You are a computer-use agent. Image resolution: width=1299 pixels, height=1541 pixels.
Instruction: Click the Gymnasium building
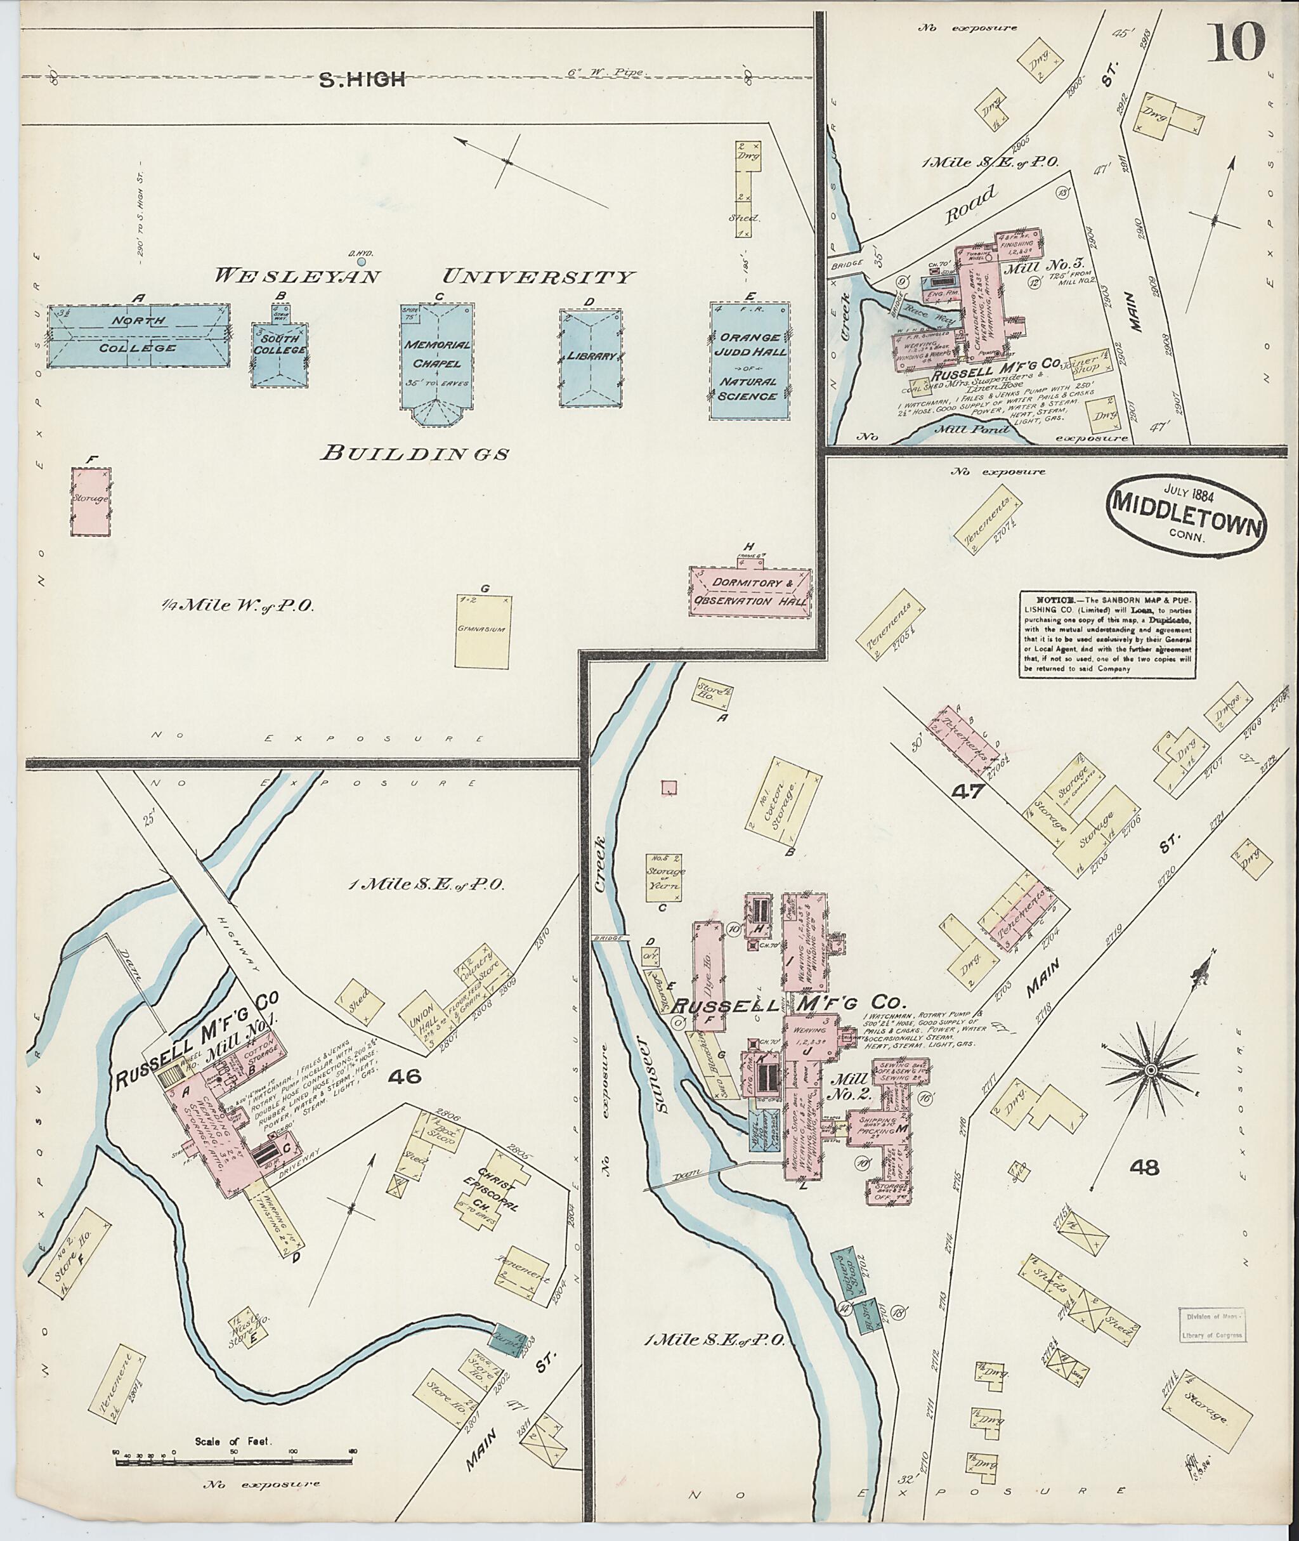[483, 631]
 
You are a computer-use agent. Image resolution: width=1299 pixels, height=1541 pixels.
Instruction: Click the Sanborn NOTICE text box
[1108, 634]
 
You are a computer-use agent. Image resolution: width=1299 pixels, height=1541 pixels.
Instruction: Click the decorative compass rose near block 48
[1149, 1068]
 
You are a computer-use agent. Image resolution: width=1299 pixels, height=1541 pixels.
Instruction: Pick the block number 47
[969, 792]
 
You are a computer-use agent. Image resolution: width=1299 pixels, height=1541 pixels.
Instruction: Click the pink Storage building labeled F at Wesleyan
[91, 501]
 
